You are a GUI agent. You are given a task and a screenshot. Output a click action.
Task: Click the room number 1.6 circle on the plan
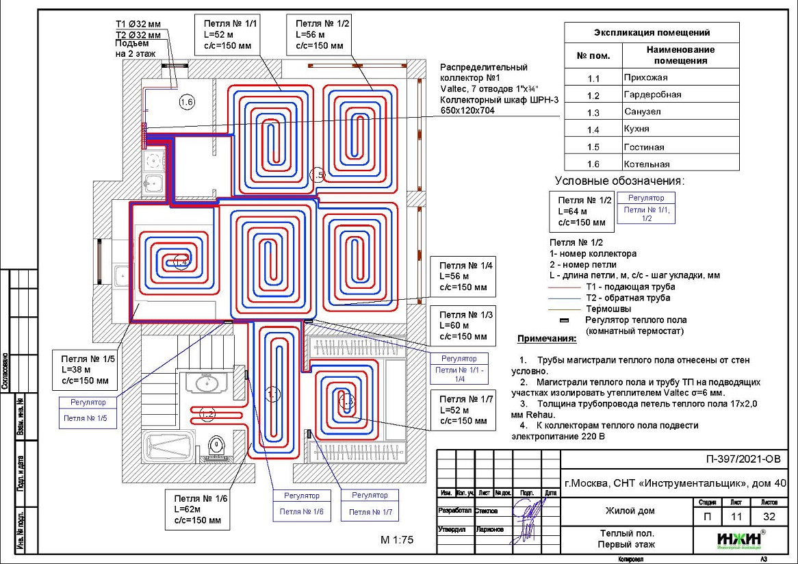click(187, 103)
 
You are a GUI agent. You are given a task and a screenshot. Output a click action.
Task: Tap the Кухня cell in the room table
click(680, 129)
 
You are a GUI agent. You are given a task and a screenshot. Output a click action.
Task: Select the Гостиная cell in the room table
click(680, 146)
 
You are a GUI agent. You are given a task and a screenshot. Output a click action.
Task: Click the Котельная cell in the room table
click(680, 164)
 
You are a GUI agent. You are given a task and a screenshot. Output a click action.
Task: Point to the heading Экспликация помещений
click(651, 32)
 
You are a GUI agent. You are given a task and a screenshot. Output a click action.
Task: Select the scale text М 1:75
click(397, 540)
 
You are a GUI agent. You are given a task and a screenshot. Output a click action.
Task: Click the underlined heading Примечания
click(547, 339)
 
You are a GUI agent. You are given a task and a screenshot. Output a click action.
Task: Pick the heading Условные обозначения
click(619, 181)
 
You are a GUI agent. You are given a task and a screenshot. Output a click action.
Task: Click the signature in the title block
click(527, 520)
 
